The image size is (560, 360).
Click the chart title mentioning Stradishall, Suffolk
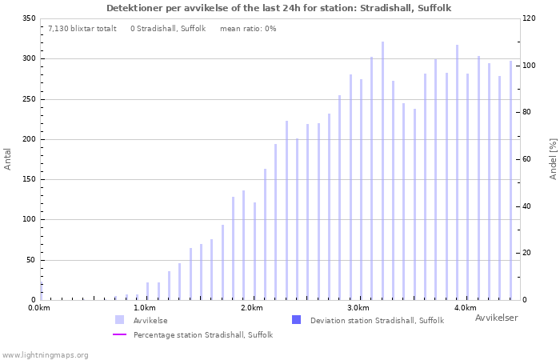click(279, 8)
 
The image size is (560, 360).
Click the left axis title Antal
click(8, 158)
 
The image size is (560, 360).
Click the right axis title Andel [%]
click(553, 158)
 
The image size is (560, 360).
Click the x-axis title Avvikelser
click(496, 318)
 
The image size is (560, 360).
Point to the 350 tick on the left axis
click(29, 18)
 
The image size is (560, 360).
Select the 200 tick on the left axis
click(29, 139)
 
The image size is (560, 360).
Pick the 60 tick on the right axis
click(529, 159)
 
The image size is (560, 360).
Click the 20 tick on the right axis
click(529, 253)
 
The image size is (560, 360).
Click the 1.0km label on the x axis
click(145, 308)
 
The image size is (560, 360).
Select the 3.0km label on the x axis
click(358, 308)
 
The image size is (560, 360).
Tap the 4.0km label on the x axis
click(465, 308)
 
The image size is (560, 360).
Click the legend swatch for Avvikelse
click(119, 320)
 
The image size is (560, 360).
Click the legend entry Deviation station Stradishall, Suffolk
click(376, 321)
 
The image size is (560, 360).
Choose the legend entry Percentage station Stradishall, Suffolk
click(202, 335)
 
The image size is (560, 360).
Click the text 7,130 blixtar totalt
click(82, 29)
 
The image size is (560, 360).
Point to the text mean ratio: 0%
click(248, 29)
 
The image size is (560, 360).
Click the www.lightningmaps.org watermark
click(45, 354)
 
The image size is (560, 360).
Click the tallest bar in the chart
click(382, 171)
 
